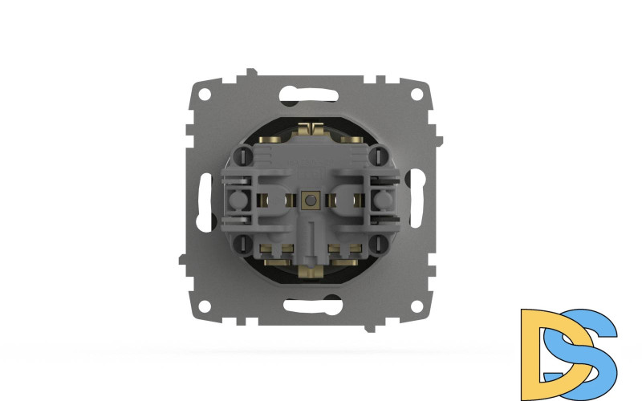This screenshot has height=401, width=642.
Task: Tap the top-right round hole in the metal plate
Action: coord(416,92)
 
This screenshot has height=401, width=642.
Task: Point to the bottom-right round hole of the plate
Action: coord(416,307)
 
